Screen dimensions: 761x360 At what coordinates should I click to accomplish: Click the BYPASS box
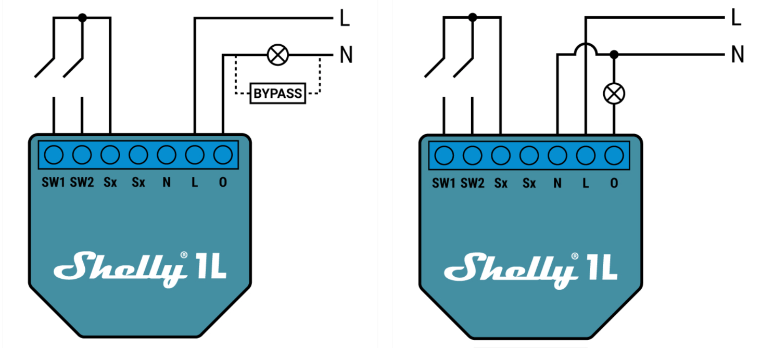click(277, 94)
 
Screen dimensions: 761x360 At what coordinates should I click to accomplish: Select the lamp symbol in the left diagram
click(278, 55)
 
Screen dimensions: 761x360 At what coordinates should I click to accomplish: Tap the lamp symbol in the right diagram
click(614, 94)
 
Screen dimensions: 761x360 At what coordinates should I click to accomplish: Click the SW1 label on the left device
click(53, 183)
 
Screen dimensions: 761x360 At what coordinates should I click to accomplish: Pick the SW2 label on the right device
click(472, 183)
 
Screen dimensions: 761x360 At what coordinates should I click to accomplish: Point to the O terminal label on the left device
click(223, 183)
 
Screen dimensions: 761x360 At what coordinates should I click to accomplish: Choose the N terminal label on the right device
click(557, 183)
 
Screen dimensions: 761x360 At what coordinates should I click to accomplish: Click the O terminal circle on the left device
click(223, 155)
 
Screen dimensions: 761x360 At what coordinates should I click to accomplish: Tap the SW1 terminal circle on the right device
click(444, 156)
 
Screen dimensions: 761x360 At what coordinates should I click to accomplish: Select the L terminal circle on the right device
click(586, 156)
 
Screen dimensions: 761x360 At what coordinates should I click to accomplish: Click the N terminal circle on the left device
click(167, 155)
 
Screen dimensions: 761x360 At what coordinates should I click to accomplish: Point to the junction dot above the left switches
click(82, 18)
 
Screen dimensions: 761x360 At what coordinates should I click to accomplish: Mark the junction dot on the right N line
click(614, 54)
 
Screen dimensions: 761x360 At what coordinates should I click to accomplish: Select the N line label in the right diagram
click(737, 54)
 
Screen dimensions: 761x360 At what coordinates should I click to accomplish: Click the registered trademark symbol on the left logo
click(184, 255)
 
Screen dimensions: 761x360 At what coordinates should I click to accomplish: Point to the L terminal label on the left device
click(195, 183)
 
